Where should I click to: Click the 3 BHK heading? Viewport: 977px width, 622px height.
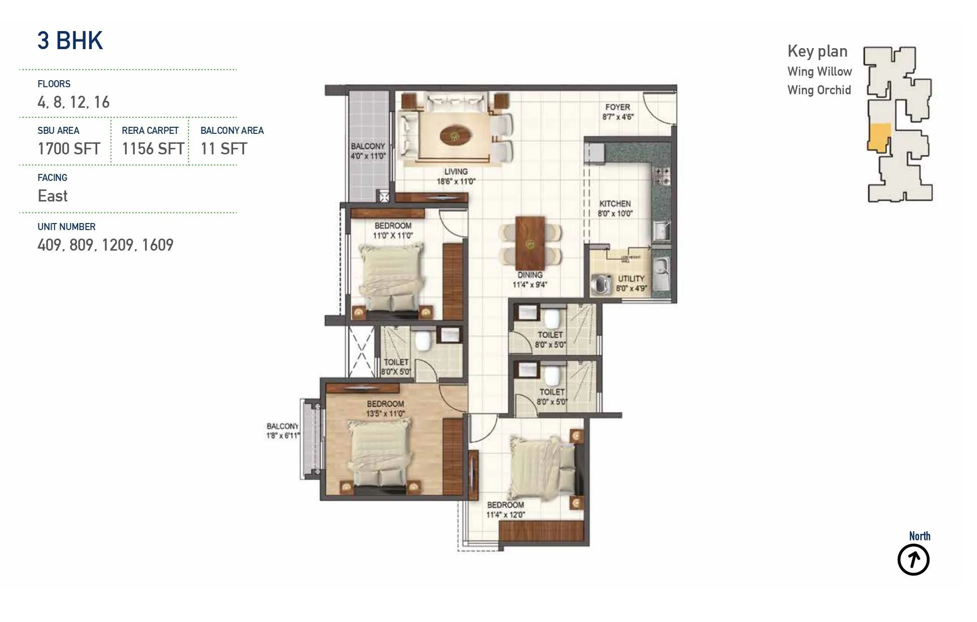pos(70,41)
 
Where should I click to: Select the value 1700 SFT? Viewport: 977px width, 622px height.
pos(69,149)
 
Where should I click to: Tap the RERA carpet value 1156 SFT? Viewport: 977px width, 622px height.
pos(153,149)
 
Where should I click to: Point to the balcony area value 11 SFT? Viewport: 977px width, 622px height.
pos(224,149)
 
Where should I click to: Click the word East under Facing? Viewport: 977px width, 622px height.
pos(53,196)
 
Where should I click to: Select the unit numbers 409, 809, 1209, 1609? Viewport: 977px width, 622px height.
pos(105,245)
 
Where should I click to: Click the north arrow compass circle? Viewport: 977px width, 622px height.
pos(913,560)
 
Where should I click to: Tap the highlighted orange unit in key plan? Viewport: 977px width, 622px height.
pos(878,137)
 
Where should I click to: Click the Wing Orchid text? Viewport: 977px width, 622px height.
pos(819,90)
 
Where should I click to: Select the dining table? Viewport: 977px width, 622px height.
pos(530,243)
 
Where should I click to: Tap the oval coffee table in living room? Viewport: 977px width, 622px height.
pos(455,135)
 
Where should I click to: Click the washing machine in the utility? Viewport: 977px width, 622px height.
pos(601,284)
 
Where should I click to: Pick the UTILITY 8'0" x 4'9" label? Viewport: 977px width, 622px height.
pos(631,283)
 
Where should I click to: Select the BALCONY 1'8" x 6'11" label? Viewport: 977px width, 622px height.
pos(283,431)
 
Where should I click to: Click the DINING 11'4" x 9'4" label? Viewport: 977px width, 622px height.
pos(530,280)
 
